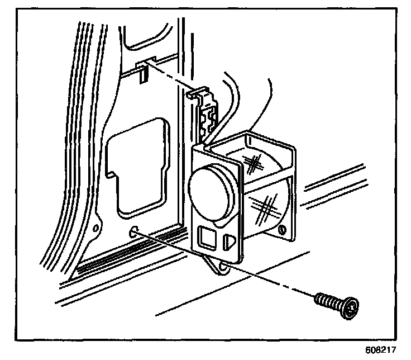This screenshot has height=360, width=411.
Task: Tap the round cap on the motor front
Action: pos(212,193)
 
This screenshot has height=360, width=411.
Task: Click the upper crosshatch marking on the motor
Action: pos(255,164)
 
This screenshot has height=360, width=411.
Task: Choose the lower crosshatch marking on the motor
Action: pos(267,205)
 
